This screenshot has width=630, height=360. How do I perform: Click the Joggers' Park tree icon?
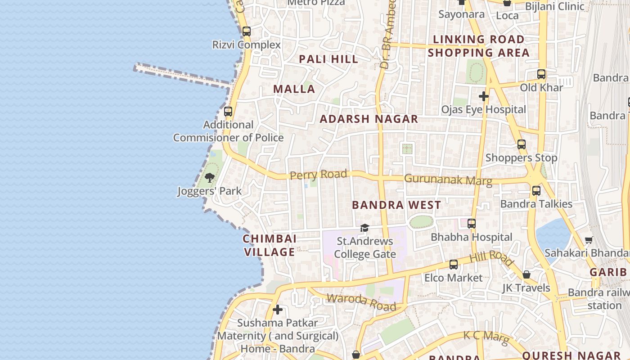(x=210, y=177)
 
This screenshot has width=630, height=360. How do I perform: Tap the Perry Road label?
(x=318, y=175)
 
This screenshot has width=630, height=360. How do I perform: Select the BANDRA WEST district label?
(x=396, y=205)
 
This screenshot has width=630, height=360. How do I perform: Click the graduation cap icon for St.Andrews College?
(x=364, y=228)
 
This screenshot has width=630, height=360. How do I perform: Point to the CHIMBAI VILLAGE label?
(x=270, y=245)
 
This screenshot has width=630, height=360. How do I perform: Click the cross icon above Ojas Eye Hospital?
(x=484, y=96)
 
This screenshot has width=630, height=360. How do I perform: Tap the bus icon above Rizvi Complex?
(x=246, y=31)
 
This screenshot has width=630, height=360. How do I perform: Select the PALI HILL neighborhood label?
(x=328, y=59)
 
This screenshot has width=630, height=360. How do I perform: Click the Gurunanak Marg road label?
(x=448, y=180)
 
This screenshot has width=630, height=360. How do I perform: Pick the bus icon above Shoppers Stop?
(x=522, y=145)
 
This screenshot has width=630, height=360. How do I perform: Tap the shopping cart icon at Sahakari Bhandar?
(x=589, y=240)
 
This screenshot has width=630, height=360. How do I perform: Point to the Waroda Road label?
(x=361, y=302)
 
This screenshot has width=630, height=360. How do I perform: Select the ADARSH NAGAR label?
(x=369, y=119)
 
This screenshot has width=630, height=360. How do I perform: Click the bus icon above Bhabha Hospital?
(x=472, y=224)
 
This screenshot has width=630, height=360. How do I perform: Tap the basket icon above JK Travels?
(x=526, y=274)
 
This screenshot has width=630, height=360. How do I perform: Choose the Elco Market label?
(x=453, y=278)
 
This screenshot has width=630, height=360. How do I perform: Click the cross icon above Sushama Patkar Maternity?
(x=278, y=310)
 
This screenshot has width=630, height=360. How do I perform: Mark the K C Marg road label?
(x=486, y=337)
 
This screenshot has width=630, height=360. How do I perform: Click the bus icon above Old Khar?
(x=541, y=74)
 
